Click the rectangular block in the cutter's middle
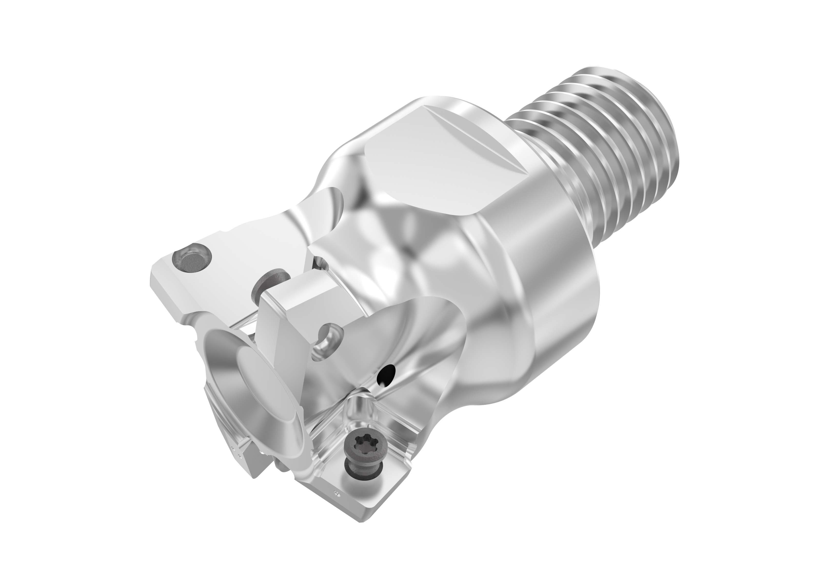point(297,304)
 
